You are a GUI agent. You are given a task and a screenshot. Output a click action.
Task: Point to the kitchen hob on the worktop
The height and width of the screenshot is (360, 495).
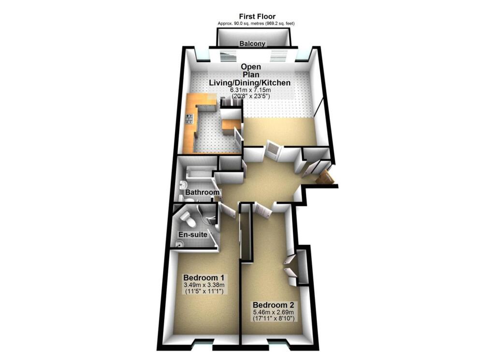pyautogui.click(x=189, y=118)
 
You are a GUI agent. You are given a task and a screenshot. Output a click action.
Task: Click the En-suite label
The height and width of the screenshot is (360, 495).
pyautogui.click(x=193, y=235)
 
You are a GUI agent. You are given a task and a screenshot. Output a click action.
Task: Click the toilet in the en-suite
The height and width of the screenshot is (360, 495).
pyautogui.click(x=190, y=220)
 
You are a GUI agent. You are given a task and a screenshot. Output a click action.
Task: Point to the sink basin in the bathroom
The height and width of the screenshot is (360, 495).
pyautogui.click(x=183, y=185)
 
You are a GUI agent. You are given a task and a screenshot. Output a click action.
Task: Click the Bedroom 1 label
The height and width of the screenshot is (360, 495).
pyautogui.click(x=203, y=278)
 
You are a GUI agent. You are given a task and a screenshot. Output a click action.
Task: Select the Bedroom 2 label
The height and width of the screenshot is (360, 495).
pyautogui.click(x=273, y=305)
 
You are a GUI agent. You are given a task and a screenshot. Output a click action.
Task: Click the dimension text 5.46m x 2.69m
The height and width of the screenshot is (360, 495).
pyautogui.click(x=273, y=313)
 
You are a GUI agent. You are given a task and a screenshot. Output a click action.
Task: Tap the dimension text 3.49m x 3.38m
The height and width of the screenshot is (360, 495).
pyautogui.click(x=203, y=286)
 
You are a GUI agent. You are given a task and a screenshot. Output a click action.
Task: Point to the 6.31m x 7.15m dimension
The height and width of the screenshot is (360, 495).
pyautogui.click(x=249, y=90)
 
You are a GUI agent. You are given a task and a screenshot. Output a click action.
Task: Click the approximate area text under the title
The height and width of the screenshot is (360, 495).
pyautogui.click(x=256, y=23)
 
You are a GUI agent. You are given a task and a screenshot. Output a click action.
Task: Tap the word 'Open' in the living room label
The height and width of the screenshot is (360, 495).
pyautogui.click(x=251, y=67)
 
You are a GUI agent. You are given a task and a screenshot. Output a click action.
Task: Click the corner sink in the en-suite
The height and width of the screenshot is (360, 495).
pyautogui.click(x=180, y=245)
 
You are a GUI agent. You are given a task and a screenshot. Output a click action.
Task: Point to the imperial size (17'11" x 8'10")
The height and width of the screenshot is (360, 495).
pyautogui.click(x=273, y=319)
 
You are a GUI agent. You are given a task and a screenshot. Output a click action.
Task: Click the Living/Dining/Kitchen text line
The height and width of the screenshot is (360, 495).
pyautogui.click(x=249, y=83)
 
